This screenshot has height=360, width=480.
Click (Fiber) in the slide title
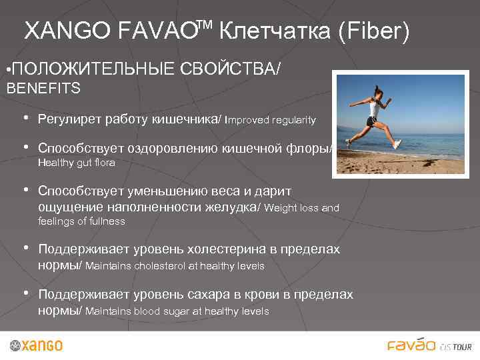[373, 31]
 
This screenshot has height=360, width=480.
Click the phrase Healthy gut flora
[77, 163]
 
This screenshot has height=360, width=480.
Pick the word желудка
[231, 207]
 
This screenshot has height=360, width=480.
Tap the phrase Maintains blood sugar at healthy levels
[177, 311]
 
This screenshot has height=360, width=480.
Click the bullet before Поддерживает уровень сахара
[26, 293]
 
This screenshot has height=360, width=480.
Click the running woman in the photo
[377, 113]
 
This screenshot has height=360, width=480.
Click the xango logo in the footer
[37, 345]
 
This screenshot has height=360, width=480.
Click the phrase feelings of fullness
[82, 221]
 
